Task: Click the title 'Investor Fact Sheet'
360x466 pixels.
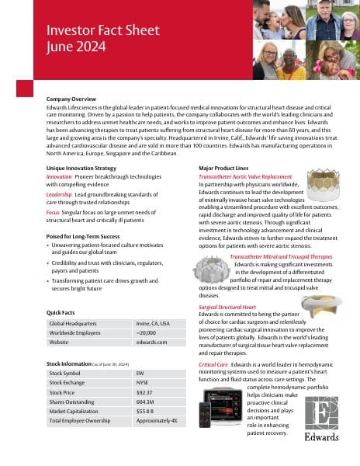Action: [x=91, y=32]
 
